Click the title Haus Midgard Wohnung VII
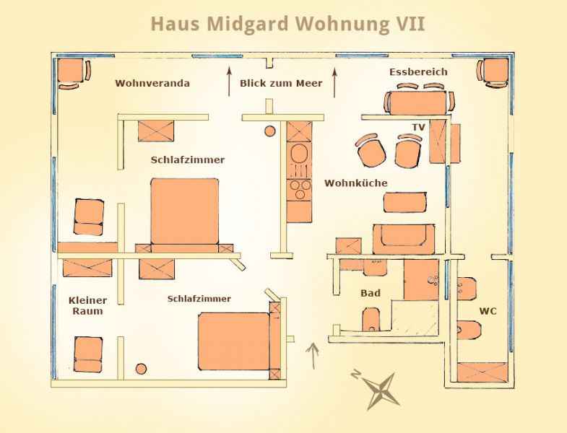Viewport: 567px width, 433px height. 287,24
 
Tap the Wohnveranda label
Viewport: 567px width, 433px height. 152,83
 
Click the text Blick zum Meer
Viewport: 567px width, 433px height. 281,83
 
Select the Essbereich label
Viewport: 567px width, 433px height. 418,72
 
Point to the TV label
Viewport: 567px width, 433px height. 418,127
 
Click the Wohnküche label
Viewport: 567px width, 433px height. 356,183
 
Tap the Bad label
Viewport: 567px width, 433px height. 371,293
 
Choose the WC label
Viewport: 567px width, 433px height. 488,311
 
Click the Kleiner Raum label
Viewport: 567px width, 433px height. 87,305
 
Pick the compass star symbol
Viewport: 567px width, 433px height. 381,390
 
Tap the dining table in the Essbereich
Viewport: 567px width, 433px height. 417,102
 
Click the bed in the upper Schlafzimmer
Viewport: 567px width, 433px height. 185,212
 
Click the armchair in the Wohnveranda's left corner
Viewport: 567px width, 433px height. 72,71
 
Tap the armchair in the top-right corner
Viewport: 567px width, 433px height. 493,73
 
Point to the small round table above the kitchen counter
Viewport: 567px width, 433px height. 269,131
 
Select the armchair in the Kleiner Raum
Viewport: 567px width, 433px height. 88,354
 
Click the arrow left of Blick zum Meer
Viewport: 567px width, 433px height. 229,82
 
